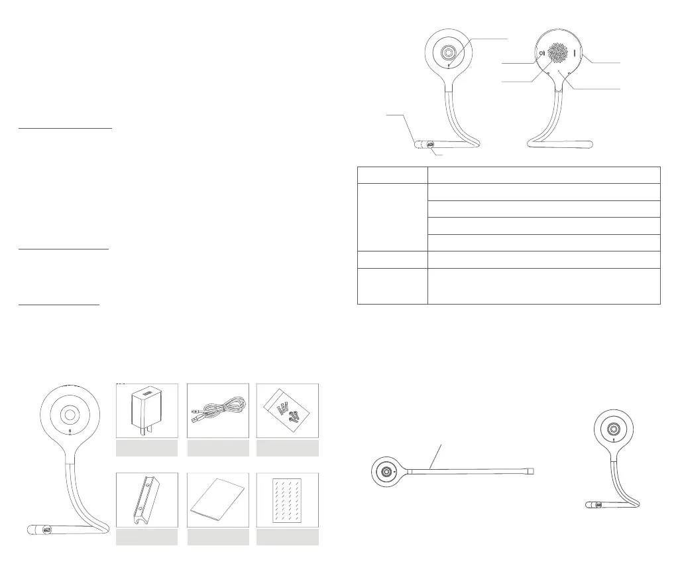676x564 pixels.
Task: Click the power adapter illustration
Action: [147, 411]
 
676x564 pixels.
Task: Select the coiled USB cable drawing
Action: [218, 411]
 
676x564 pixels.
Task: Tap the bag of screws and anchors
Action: [288, 411]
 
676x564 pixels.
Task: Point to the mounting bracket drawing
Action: [147, 501]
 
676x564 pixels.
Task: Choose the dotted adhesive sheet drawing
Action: [288, 501]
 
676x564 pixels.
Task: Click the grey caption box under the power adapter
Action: [147, 449]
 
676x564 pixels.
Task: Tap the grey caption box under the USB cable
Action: [218, 449]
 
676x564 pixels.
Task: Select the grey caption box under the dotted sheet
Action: [288, 537]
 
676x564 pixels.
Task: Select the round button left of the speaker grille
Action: [541, 54]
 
